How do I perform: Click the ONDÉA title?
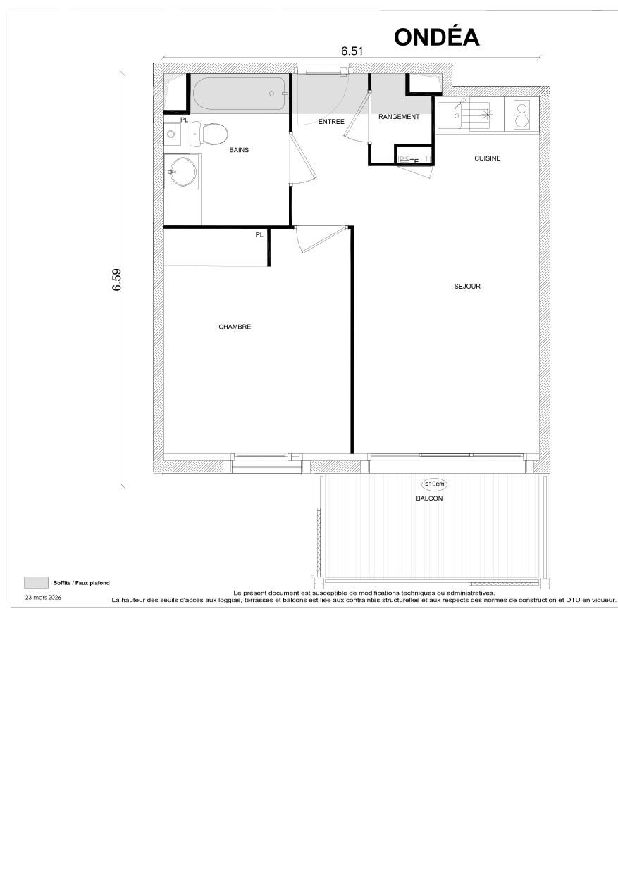click(x=437, y=37)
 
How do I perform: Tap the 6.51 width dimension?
click(x=352, y=51)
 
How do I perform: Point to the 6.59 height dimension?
click(x=117, y=279)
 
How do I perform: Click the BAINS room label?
click(x=239, y=150)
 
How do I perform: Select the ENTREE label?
click(x=331, y=122)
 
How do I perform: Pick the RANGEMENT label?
click(x=399, y=117)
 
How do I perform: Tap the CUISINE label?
click(x=487, y=158)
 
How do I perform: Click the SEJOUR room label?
click(x=467, y=287)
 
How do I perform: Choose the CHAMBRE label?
click(x=235, y=327)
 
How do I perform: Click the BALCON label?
click(x=429, y=498)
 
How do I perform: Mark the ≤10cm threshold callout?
click(x=434, y=484)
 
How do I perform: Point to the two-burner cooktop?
click(x=522, y=114)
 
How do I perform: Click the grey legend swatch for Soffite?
click(x=35, y=582)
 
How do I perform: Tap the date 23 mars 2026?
click(x=43, y=597)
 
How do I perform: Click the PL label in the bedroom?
click(x=259, y=234)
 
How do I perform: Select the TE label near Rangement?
click(x=414, y=161)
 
